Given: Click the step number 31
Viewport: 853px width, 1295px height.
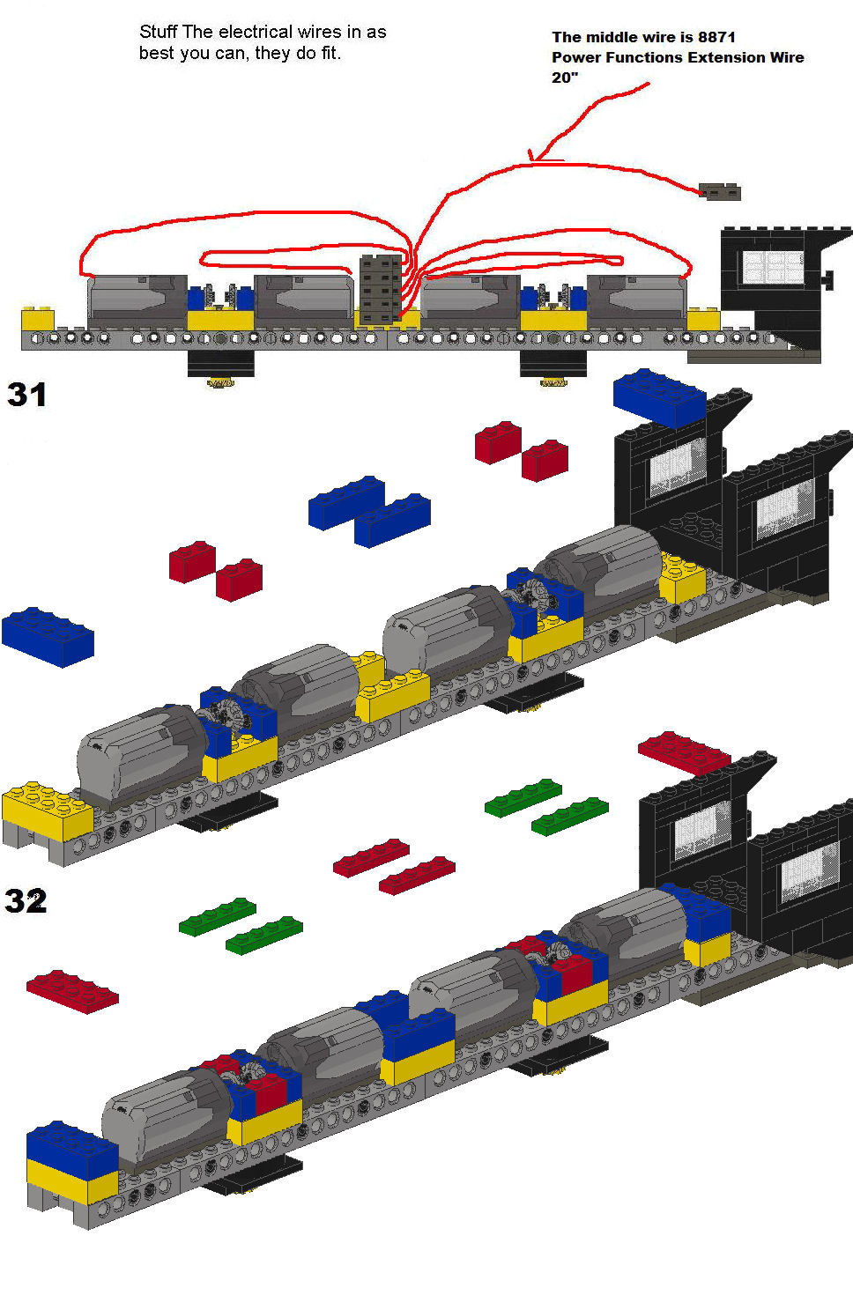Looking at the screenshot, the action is coord(26,395).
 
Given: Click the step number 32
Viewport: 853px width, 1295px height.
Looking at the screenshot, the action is coord(26,900).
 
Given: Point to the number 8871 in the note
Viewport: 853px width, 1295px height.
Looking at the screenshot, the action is coord(716,38).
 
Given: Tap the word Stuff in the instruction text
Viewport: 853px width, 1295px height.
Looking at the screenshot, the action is coord(159,32).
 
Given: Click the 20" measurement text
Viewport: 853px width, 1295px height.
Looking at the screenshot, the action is coord(565,78).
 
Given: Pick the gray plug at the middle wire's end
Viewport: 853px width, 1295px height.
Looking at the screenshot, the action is coord(719,191).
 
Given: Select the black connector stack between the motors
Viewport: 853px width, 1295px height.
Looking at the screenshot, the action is coord(381,288).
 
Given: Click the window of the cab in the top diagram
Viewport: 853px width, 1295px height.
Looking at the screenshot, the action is coord(774,268).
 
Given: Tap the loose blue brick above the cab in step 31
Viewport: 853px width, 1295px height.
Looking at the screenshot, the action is coord(659,398).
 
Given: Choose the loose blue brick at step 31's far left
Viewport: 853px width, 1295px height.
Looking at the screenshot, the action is coord(48,637).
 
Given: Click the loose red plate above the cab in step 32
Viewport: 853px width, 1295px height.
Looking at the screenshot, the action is coord(684,752).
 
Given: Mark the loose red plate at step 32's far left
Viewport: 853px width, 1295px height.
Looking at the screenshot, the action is coord(72,991).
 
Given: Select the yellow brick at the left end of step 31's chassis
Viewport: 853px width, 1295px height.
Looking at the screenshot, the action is coord(48,810).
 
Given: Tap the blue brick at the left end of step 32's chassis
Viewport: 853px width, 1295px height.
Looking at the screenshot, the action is coord(72,1143).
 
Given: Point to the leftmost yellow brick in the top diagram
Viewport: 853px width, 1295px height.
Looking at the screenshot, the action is coord(38,320).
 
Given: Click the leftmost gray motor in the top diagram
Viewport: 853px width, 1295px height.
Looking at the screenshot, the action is coord(137,301).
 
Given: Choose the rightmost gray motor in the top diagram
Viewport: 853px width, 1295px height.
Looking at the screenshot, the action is coord(637,301).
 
